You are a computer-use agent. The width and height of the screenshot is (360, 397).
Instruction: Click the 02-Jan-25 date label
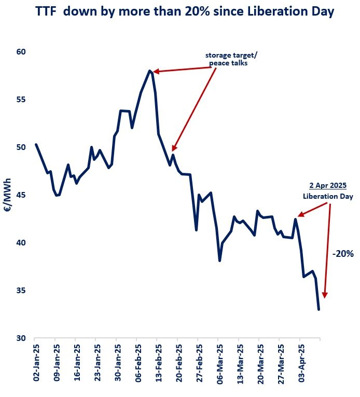click(36, 363)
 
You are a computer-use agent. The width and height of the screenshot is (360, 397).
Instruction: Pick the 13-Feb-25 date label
click(158, 363)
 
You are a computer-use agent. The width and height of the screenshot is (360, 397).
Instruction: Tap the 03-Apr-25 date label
click(300, 363)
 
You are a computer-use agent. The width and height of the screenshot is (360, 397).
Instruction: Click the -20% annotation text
click(343, 254)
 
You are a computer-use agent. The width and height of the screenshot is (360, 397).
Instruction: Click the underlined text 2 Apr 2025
click(328, 185)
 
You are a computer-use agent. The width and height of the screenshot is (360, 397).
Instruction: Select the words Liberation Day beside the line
click(328, 197)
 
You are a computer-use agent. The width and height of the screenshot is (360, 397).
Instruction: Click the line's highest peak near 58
click(149, 71)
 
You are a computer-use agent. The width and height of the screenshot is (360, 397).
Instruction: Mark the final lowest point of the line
click(319, 309)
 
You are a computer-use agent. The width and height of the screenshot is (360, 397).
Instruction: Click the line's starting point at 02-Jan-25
click(36, 144)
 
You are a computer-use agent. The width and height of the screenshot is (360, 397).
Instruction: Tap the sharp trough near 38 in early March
click(220, 261)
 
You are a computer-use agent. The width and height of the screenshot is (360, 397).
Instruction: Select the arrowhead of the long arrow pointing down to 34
click(325, 294)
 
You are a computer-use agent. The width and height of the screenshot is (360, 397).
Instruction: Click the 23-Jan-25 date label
click(96, 363)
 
